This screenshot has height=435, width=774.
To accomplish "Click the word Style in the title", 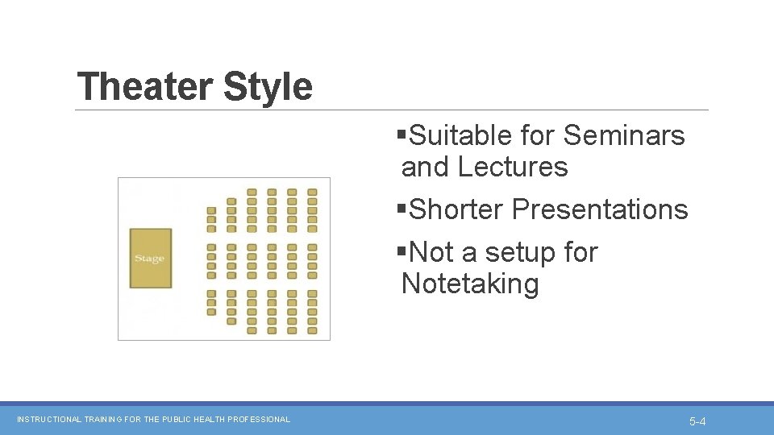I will pyautogui.click(x=268, y=87).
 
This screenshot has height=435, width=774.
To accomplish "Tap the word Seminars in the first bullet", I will pyautogui.click(x=624, y=135).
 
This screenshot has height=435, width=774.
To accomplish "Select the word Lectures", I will pyautogui.click(x=513, y=167).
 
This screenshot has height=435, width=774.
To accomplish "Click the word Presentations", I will pyautogui.click(x=600, y=209).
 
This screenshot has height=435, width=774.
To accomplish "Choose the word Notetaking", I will pyautogui.click(x=470, y=284).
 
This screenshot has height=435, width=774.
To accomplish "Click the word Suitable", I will pyautogui.click(x=461, y=135).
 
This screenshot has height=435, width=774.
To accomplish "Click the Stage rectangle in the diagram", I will pyautogui.click(x=151, y=259).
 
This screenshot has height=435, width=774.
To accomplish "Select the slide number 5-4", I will pyautogui.click(x=697, y=421).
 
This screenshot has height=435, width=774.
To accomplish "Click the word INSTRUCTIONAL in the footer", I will pyautogui.click(x=49, y=420).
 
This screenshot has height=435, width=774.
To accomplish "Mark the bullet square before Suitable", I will pyautogui.click(x=402, y=135).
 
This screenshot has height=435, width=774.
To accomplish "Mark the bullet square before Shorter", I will pyautogui.click(x=402, y=209).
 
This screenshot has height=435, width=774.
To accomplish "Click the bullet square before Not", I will pyautogui.click(x=402, y=251).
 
